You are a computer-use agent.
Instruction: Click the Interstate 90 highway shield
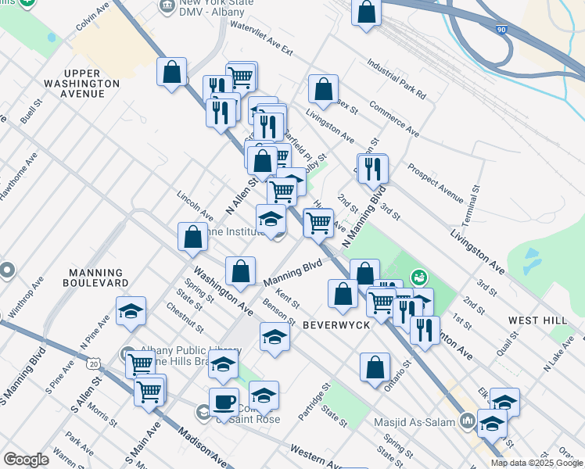click(501, 28)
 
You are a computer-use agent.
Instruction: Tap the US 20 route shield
click(94, 363)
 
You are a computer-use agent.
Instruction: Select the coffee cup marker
click(224, 401)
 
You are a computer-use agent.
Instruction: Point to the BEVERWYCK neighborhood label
click(336, 324)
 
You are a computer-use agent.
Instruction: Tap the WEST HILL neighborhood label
click(537, 320)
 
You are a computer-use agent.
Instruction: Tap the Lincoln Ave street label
click(195, 205)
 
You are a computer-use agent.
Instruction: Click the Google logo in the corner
click(26, 460)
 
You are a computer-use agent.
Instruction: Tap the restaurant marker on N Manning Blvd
click(373, 168)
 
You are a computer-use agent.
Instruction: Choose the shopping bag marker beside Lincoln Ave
click(192, 237)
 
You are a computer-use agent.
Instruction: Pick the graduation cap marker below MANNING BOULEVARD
click(131, 311)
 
